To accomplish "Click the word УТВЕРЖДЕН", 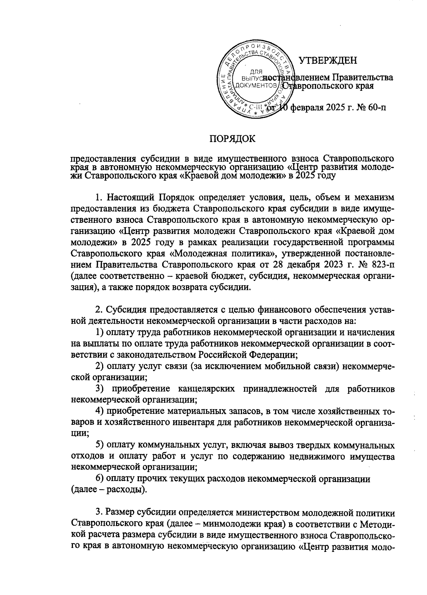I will pos(328,60).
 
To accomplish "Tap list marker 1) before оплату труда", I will pos(100,333).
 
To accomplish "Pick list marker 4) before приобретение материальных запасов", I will pos(100,411).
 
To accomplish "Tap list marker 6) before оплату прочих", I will pos(100,479).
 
